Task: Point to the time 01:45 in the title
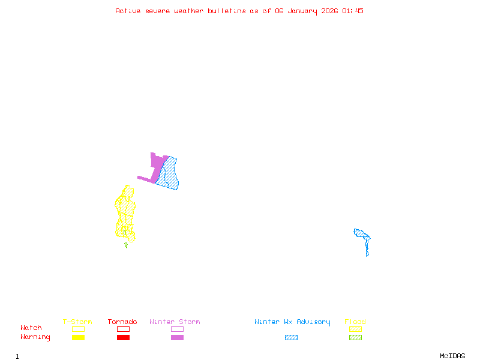[353, 11]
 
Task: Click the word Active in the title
[128, 11]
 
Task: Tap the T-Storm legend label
[77, 322]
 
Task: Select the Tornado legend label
[122, 322]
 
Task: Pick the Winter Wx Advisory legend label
[292, 322]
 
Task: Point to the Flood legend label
[355, 322]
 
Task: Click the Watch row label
[31, 328]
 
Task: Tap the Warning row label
[35, 337]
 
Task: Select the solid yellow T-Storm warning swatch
[78, 338]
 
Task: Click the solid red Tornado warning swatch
[123, 338]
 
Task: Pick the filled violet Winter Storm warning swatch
[177, 338]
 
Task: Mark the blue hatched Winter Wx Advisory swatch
[291, 338]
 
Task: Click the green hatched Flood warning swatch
[355, 338]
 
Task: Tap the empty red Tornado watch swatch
[123, 329]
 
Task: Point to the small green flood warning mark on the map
[126, 245]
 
